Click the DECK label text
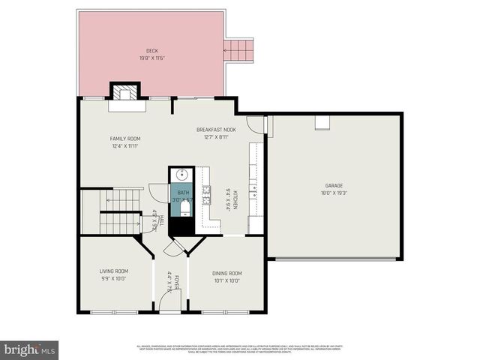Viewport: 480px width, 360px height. pyautogui.click(x=152, y=51)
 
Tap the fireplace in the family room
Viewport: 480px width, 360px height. pyautogui.click(x=125, y=92)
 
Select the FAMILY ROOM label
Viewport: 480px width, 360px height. pyautogui.click(x=125, y=139)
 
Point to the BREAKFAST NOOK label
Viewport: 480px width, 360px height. pyautogui.click(x=216, y=130)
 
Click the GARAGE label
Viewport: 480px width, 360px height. pyautogui.click(x=334, y=184)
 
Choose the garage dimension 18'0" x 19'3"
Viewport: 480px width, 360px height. pyautogui.click(x=334, y=193)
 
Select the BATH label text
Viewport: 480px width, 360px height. pyautogui.click(x=183, y=193)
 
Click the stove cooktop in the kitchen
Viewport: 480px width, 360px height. pyautogui.click(x=205, y=190)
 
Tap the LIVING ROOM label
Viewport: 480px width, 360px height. pyautogui.click(x=114, y=271)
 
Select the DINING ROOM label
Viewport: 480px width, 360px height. pyautogui.click(x=226, y=273)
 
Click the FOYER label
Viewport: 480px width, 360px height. pyautogui.click(x=177, y=282)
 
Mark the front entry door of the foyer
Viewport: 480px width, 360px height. pyautogui.click(x=169, y=309)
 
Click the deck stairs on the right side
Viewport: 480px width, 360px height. pyautogui.click(x=240, y=51)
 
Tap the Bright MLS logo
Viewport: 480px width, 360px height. pyautogui.click(x=30, y=349)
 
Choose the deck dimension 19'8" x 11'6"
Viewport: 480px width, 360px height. pyautogui.click(x=152, y=58)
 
